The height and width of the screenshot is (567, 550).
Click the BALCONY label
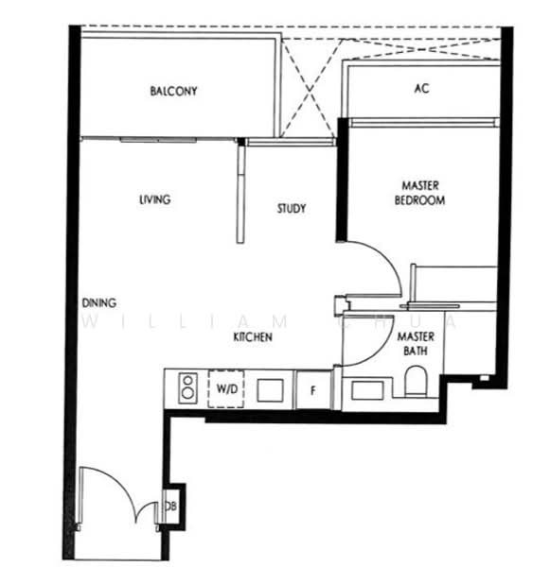173,92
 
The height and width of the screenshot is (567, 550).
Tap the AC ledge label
422,90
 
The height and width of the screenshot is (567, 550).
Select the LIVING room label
154,199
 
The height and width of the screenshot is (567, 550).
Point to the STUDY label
292,209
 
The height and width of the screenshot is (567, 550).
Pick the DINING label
98,303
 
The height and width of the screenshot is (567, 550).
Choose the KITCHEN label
254,336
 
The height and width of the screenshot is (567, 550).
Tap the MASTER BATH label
416,344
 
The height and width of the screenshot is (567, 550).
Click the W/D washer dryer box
225,388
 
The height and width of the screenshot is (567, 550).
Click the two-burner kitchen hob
187,388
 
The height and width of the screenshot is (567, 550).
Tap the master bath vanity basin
364,389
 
